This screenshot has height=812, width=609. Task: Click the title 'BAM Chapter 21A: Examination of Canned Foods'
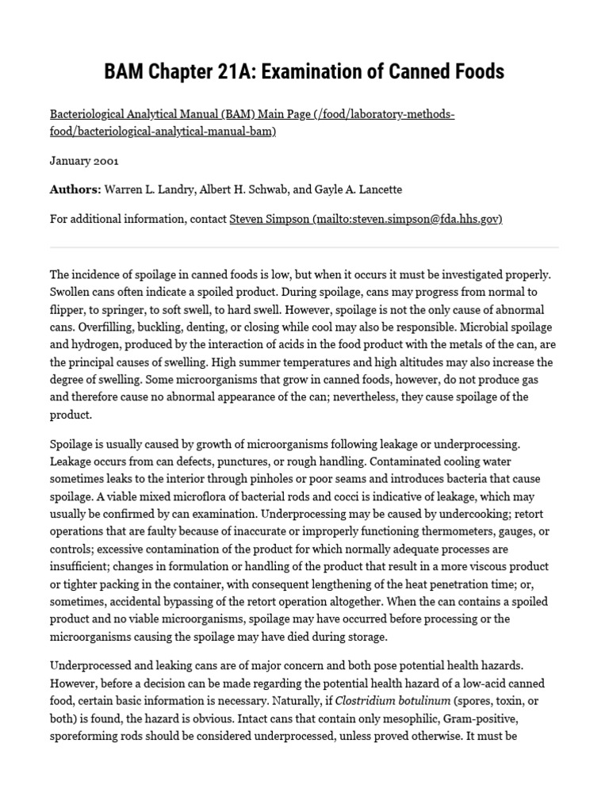[x=304, y=71]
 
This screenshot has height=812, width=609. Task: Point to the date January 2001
[x=84, y=160]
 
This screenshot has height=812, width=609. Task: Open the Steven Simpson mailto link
[x=366, y=219]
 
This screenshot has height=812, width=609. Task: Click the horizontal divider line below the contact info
[x=304, y=247]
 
